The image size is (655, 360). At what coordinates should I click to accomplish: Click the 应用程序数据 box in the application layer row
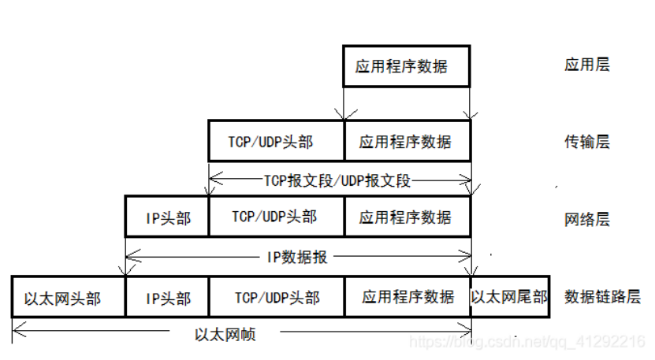406,66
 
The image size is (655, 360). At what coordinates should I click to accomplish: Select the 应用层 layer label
587,65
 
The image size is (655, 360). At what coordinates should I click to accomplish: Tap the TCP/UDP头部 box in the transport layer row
276,141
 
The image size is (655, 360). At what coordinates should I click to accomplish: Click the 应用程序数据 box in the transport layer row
407,142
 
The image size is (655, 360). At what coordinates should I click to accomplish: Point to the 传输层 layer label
587,142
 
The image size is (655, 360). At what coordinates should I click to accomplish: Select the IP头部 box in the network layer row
167,217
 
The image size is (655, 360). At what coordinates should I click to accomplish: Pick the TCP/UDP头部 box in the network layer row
276,217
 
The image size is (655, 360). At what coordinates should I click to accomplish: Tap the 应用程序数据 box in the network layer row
407,217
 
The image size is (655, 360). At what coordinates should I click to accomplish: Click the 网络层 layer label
587,218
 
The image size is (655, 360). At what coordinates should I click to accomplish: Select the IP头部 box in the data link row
167,298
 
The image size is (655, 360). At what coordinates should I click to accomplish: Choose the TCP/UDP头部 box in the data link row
276,297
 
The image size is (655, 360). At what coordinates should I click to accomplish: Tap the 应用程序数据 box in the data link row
407,297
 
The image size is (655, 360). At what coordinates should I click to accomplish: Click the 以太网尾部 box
509,297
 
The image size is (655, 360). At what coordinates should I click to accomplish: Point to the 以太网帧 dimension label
225,334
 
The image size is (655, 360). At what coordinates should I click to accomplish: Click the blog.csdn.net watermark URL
529,341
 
